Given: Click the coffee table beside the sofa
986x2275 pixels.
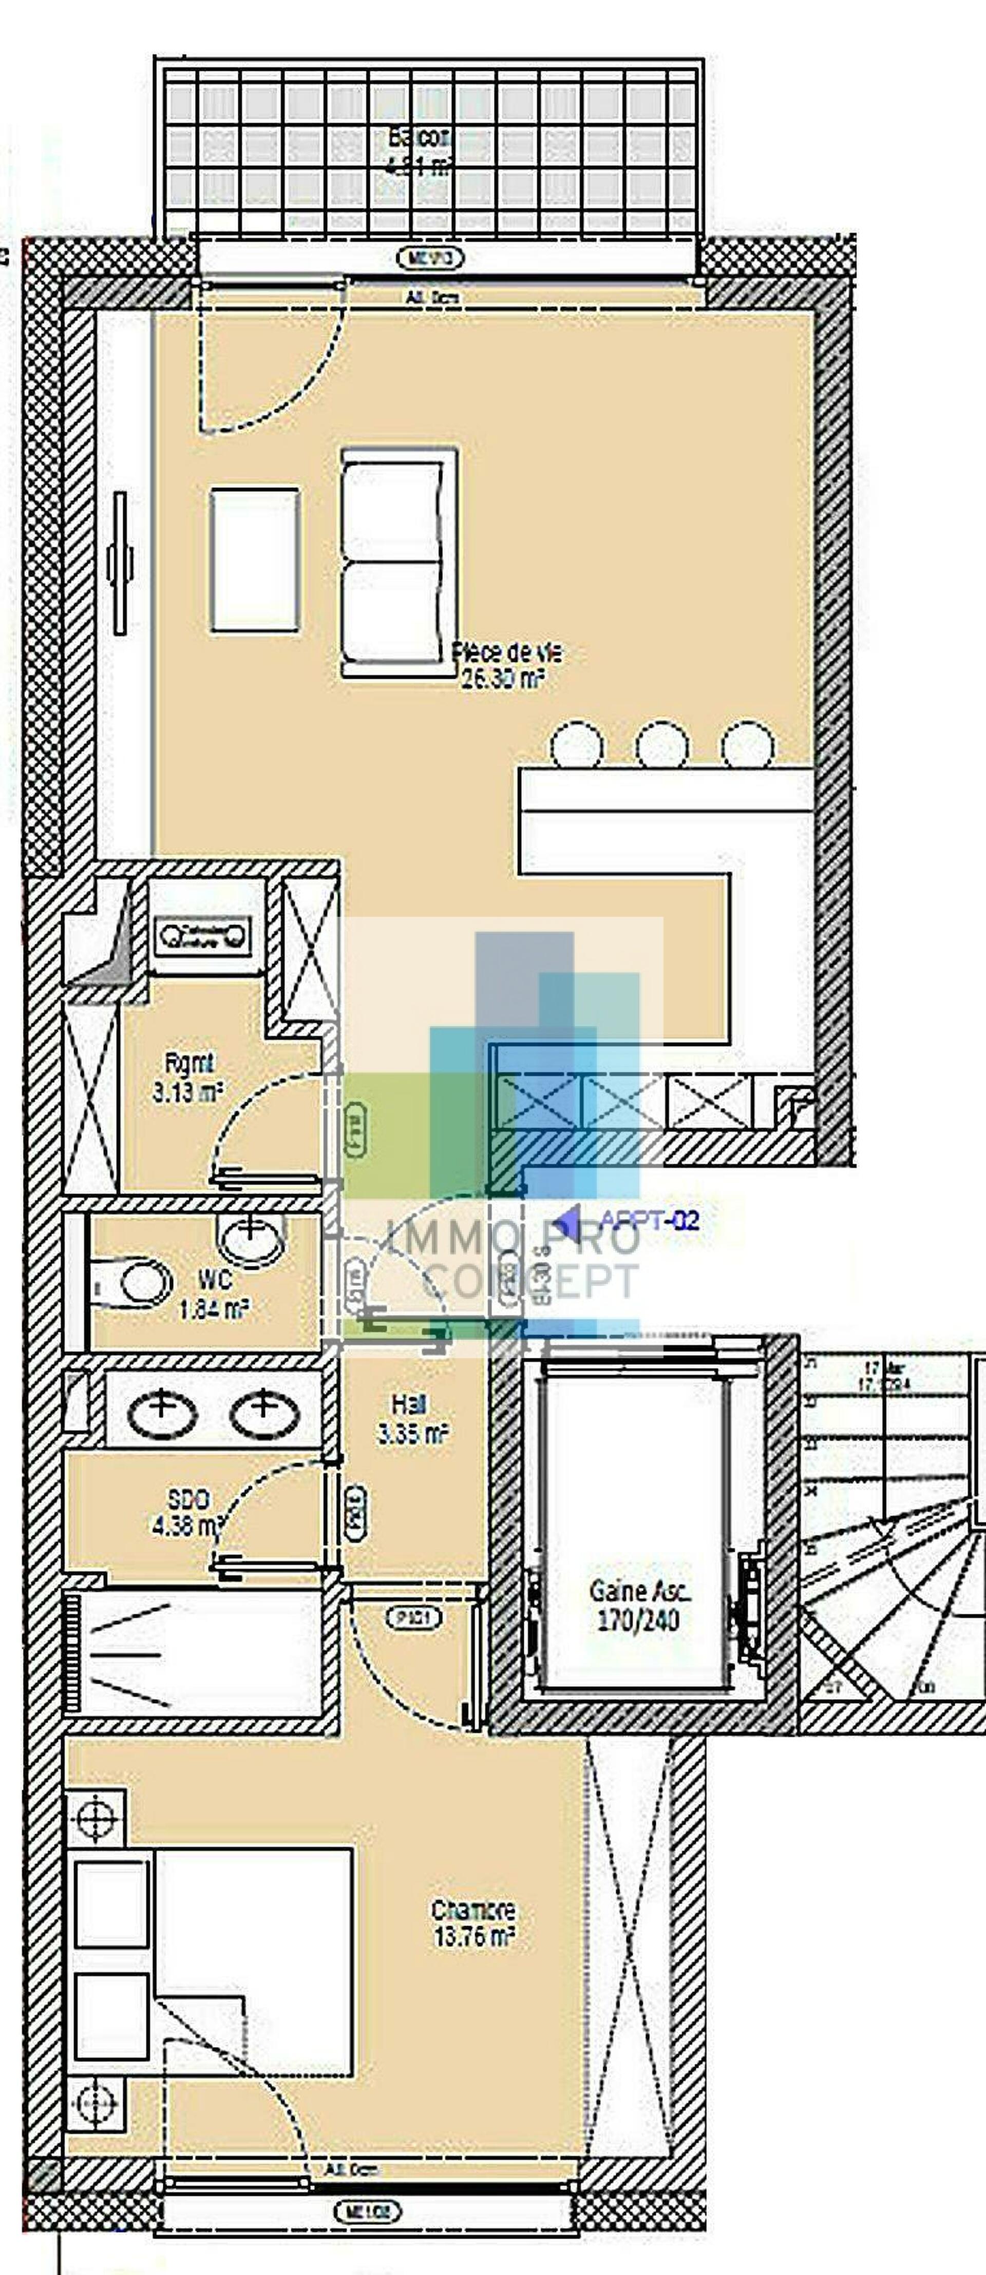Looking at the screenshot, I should pyautogui.click(x=254, y=560).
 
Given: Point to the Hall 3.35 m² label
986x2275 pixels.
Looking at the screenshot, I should pyautogui.click(x=412, y=1419).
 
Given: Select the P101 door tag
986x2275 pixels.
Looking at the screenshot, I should pyautogui.click(x=412, y=1619).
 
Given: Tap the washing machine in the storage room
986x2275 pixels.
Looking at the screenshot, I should pyautogui.click(x=201, y=935).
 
